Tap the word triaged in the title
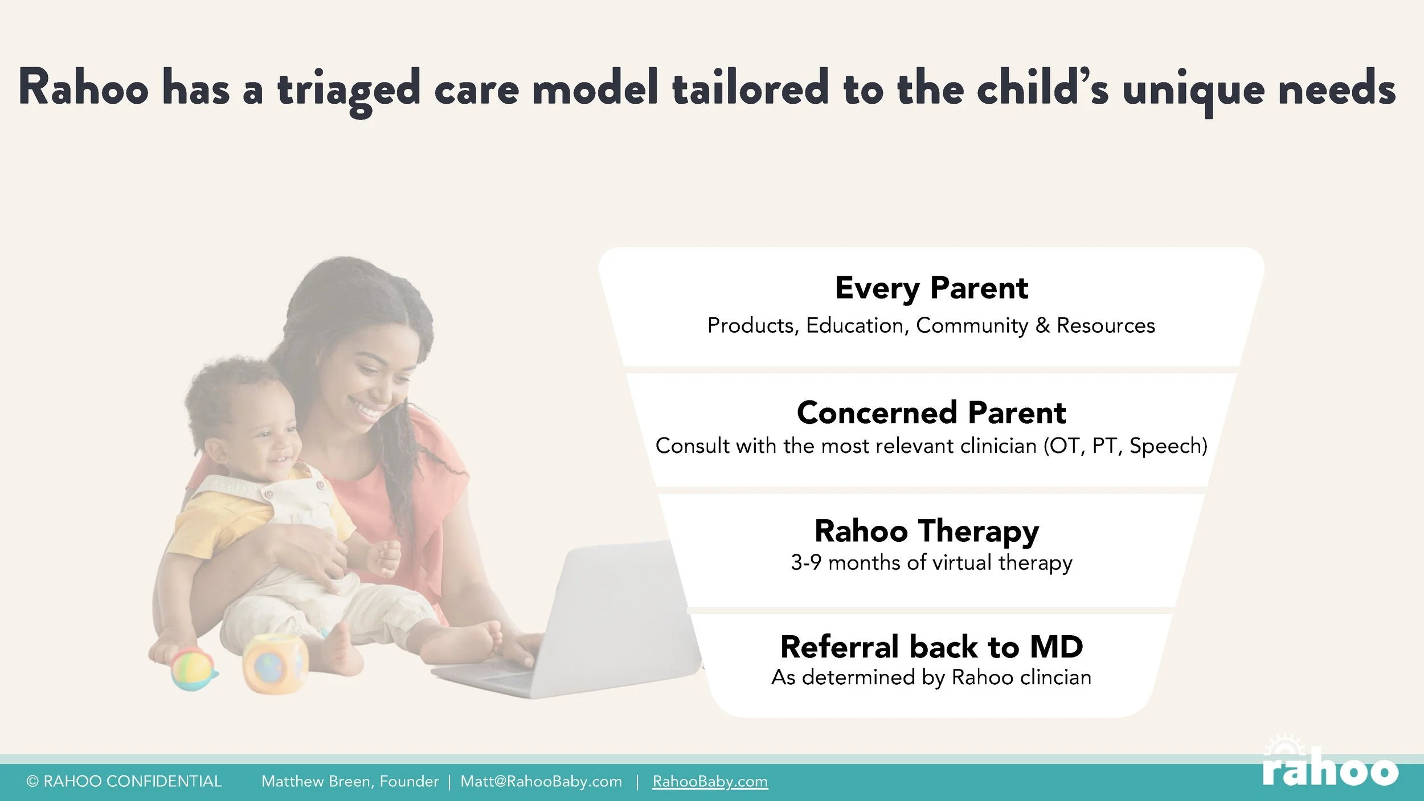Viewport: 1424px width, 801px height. pos(349,91)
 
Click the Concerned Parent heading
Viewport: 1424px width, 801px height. pos(931,412)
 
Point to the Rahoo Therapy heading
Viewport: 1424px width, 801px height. pos(927,532)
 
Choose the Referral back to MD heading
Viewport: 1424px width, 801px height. pos(931,647)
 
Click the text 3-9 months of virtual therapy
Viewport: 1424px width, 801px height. pos(931,563)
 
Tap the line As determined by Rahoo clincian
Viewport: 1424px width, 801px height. pos(931,677)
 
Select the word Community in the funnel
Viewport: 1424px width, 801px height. pos(972,326)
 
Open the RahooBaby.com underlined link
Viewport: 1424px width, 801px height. pos(710,781)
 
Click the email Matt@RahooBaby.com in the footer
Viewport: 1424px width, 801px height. pos(541,781)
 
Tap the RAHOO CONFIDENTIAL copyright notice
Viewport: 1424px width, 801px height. pos(124,781)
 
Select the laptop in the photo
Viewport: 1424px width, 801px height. pos(570,621)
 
